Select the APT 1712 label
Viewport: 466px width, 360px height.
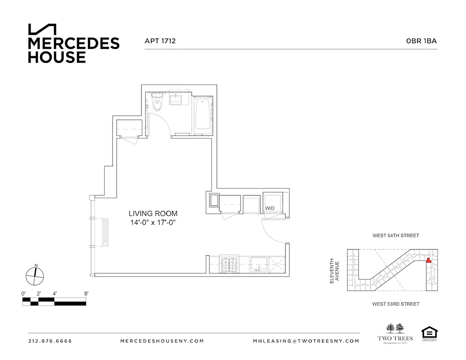pyautogui.click(x=160, y=41)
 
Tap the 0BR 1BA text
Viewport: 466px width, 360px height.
pyautogui.click(x=421, y=41)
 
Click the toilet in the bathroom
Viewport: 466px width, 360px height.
pyautogui.click(x=157, y=103)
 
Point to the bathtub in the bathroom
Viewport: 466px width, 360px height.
pyautogui.click(x=202, y=115)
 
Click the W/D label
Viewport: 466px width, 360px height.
pyautogui.click(x=270, y=208)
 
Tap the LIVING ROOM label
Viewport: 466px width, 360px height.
pyautogui.click(x=153, y=213)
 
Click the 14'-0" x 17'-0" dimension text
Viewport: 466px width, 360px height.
pyautogui.click(x=153, y=222)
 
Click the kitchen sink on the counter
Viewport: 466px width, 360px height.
pyautogui.click(x=258, y=264)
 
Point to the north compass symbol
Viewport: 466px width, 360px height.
pyautogui.click(x=34, y=275)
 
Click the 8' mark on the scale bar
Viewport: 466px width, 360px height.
pyautogui.click(x=86, y=293)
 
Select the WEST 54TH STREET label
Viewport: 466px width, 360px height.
pyautogui.click(x=396, y=235)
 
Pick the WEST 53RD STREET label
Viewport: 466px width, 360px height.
pyautogui.click(x=396, y=304)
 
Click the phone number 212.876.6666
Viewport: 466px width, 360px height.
pyautogui.click(x=50, y=341)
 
